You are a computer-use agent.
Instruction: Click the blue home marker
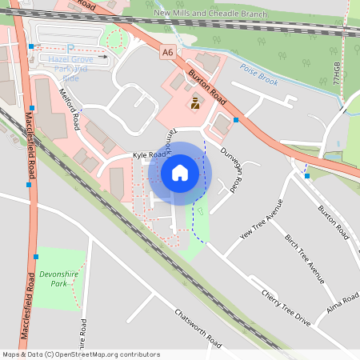(x=180, y=173)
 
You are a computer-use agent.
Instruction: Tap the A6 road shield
(x=167, y=52)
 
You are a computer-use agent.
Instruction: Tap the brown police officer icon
(x=196, y=102)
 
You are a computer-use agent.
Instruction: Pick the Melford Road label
(x=70, y=110)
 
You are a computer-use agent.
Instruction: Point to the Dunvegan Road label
(x=231, y=172)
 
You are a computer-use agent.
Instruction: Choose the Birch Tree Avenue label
(x=305, y=258)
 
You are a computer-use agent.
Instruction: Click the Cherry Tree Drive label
(x=285, y=306)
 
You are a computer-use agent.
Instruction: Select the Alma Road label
(x=342, y=303)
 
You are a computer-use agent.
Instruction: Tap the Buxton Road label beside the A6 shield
(x=207, y=82)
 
